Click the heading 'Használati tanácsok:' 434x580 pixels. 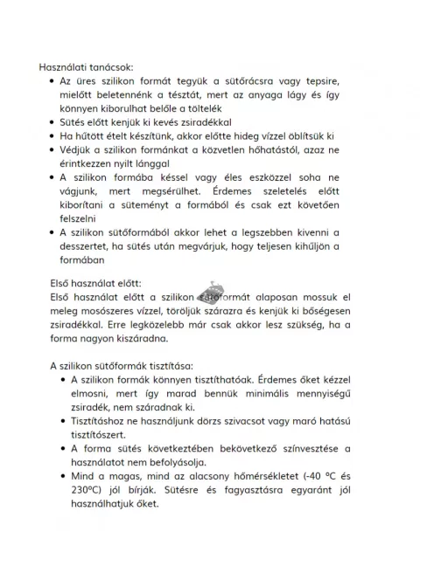[86, 66]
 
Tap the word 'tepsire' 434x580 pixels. [319, 80]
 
